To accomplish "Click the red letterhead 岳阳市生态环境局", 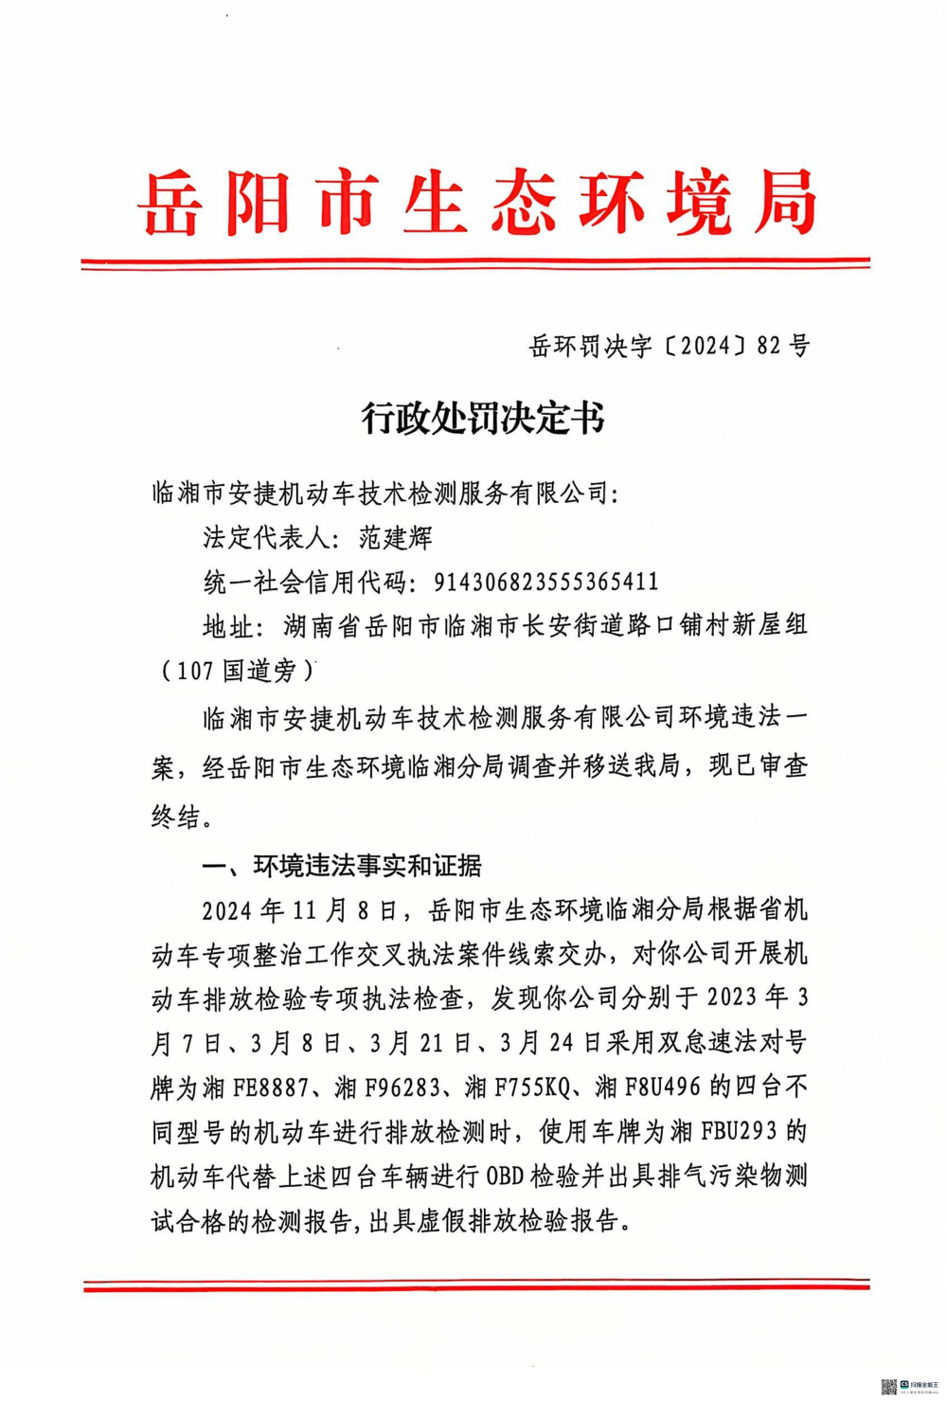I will click(x=476, y=203).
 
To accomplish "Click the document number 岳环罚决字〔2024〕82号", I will click(x=669, y=347).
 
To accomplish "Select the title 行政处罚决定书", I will click(x=482, y=418).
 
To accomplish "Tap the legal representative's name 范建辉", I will click(x=396, y=538).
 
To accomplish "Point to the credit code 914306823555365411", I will click(x=545, y=582).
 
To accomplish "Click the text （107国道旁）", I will click(x=236, y=671).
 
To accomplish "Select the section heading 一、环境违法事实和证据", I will click(x=342, y=865).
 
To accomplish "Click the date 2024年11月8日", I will click(x=300, y=910).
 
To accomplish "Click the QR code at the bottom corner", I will click(x=888, y=1387).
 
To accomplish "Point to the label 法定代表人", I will click(x=263, y=538).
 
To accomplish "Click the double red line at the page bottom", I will click(x=476, y=1284).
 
